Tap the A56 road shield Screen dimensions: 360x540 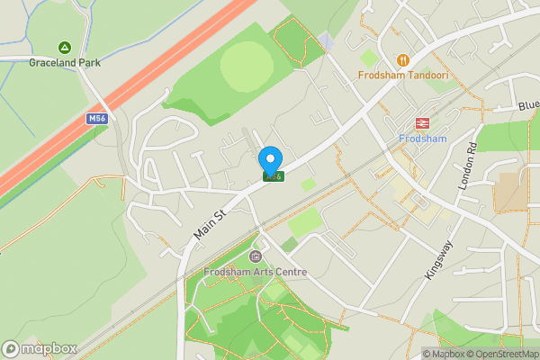274,176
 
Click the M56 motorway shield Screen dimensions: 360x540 97,118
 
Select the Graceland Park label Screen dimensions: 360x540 65,63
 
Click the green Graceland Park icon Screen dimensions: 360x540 65,47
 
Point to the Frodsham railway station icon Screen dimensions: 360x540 420,123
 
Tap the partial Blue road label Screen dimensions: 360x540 527,106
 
